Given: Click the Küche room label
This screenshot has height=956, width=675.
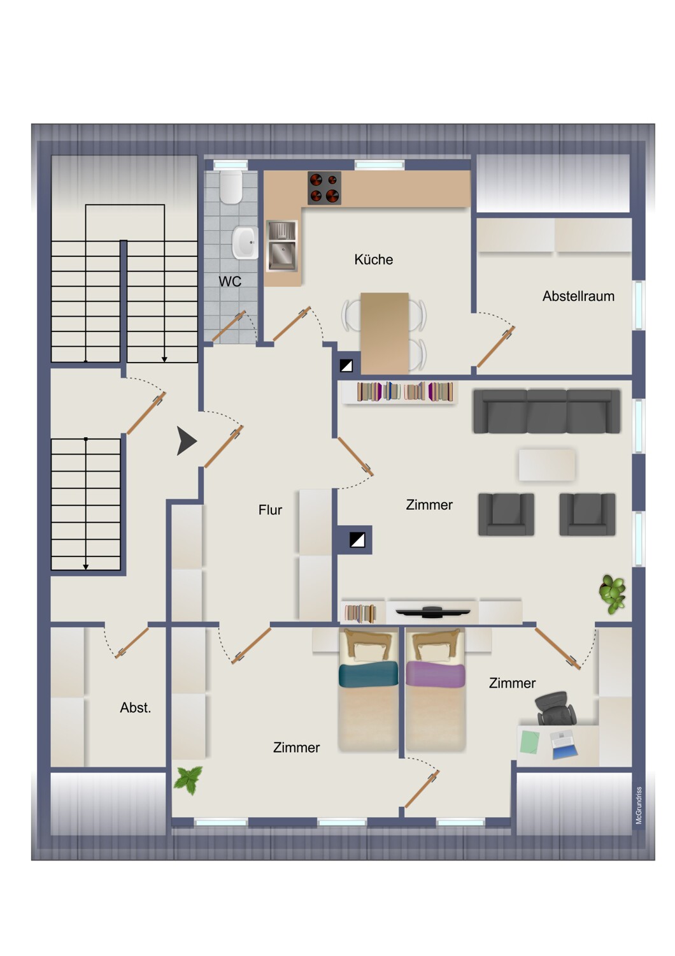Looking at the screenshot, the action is coord(373,259).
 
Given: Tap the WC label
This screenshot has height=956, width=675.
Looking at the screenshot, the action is coord(230,281).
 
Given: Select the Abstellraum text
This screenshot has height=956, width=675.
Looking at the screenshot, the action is coord(578,296).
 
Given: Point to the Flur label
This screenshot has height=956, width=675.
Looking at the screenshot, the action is coord(270,510).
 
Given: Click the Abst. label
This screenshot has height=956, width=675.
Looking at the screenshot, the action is coord(135,707).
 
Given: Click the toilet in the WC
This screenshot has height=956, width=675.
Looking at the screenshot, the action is coord(231,187).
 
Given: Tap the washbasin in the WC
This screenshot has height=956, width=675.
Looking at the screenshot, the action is coord(245,242).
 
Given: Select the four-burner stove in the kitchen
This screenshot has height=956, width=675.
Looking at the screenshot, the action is coord(324,188).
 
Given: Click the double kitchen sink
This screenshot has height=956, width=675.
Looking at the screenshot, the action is coord(281,246).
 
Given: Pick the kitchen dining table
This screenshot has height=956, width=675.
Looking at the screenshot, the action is coord(384,333).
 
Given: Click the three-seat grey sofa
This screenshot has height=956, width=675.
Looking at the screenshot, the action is coord(546,412).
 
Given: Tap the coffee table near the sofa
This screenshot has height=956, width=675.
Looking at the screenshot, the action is coord(546,465).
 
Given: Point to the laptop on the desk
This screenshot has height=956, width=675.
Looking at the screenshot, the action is coord(564,744).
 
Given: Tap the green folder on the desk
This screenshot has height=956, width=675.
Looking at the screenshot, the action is coord(530,742).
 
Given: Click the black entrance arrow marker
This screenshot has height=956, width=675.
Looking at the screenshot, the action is coord(186,441).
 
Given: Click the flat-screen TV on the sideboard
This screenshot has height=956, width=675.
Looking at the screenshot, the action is coord(432,612).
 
